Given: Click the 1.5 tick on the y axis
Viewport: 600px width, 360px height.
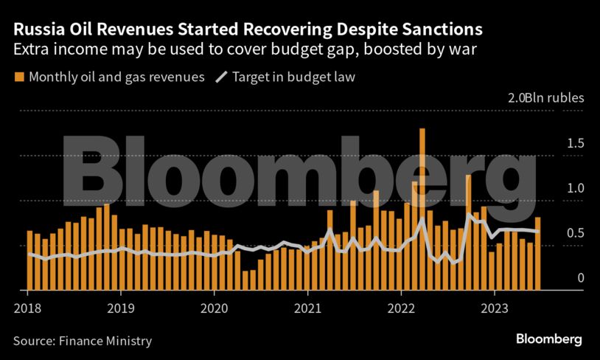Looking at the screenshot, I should tap(576, 142).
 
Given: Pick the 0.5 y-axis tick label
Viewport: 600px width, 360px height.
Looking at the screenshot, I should tap(576, 233).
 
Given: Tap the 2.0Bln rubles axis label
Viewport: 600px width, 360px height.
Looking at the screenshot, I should tap(545, 97).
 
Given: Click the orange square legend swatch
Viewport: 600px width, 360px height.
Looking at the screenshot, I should tap(19, 77).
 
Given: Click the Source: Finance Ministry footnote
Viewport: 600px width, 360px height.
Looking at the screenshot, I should tap(82, 341).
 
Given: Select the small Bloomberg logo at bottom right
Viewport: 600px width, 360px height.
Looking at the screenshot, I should tap(548, 339).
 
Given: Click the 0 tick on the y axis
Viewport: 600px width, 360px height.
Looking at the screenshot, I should tap(581, 278).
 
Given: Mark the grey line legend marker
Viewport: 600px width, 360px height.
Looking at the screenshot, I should tap(220, 77).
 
